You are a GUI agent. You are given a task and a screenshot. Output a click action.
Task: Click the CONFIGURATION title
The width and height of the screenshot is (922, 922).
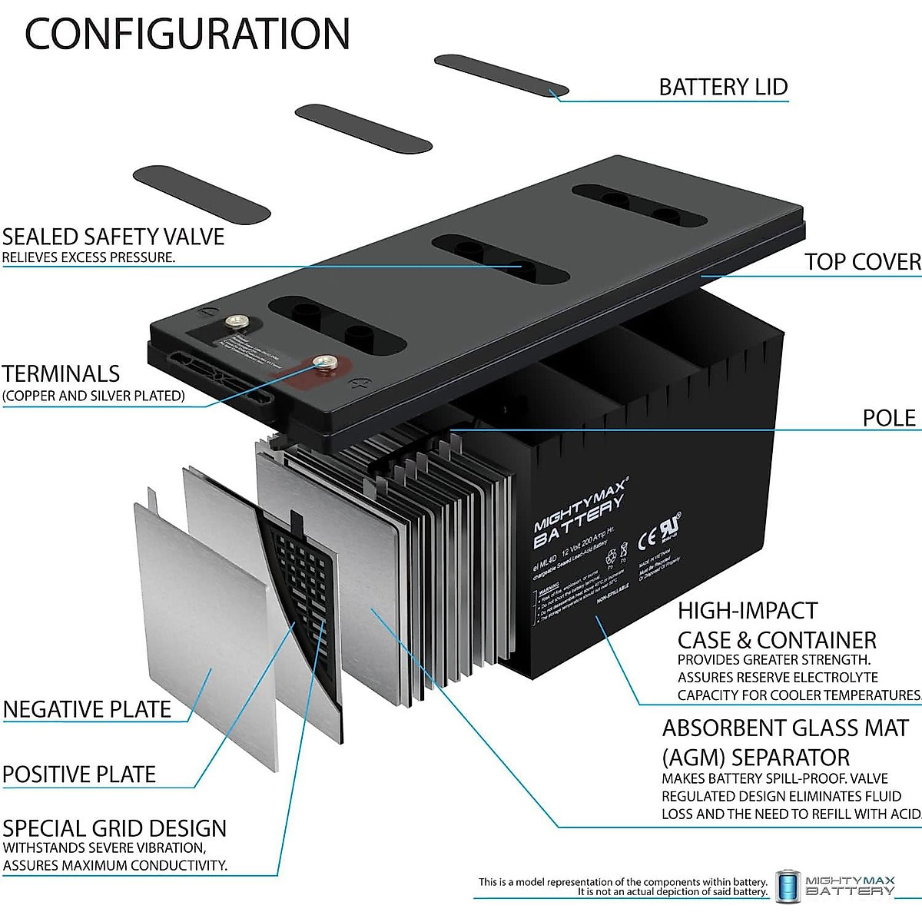[187, 34]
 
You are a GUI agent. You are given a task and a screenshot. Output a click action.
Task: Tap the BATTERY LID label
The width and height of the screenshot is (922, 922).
[723, 87]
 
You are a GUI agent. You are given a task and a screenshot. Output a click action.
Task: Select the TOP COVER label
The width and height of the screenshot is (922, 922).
[862, 262]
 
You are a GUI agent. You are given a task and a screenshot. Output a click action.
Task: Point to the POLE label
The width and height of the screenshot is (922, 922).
[889, 418]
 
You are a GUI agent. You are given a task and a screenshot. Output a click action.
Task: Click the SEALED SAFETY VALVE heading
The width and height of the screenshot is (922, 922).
[113, 237]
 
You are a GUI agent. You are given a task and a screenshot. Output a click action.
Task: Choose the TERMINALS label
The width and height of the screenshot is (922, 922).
[61, 374]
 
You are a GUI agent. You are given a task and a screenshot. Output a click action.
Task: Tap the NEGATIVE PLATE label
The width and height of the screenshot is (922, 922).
[87, 708]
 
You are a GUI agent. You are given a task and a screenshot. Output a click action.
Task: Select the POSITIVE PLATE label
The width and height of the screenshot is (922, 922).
[79, 774]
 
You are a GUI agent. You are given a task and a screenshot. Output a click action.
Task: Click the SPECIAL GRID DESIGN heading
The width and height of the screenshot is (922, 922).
[114, 828]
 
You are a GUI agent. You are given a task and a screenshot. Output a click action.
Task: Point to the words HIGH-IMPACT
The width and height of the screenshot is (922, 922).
[747, 611]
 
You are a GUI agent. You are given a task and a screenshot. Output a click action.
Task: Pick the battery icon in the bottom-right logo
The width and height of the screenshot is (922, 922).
[788, 887]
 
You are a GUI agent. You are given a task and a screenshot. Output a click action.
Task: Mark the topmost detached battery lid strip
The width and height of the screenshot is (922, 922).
[501, 75]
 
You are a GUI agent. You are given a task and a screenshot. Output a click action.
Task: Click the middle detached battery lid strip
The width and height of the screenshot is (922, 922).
[363, 128]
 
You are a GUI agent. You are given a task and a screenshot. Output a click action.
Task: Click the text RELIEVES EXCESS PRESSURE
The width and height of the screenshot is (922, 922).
[88, 257]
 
